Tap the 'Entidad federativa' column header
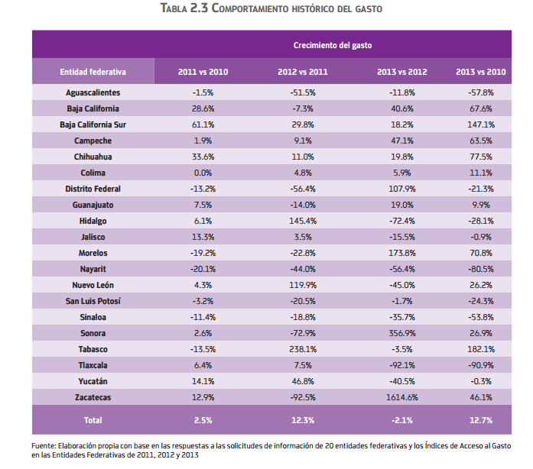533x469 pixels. [x=93, y=72]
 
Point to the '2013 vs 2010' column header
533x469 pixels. [x=480, y=72]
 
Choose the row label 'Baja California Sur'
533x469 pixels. [x=93, y=125]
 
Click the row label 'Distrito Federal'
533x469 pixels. [x=93, y=189]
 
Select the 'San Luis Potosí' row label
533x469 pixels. [x=93, y=301]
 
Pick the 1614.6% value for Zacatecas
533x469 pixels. [x=401, y=397]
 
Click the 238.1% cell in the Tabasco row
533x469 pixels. [x=303, y=349]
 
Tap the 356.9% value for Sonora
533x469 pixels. [x=401, y=333]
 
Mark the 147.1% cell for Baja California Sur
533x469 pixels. [x=480, y=125]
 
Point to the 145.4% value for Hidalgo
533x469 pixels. [x=303, y=221]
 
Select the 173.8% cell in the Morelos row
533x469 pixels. [x=401, y=253]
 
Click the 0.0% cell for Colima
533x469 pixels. [x=203, y=173]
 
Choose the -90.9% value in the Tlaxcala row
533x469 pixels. [x=480, y=365]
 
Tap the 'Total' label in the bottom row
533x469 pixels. [x=93, y=420]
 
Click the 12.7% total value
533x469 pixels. [x=480, y=420]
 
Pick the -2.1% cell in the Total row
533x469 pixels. [x=401, y=420]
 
